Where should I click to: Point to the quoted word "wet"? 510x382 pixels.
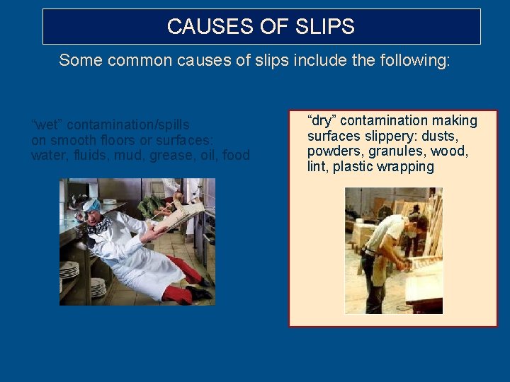click(47, 125)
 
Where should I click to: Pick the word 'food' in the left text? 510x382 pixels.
click(236, 155)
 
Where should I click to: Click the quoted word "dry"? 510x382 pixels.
click(322, 121)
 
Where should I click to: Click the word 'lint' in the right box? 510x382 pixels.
click(317, 167)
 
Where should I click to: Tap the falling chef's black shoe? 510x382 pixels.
click(199, 293)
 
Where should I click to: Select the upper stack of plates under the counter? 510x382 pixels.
click(70, 270)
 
